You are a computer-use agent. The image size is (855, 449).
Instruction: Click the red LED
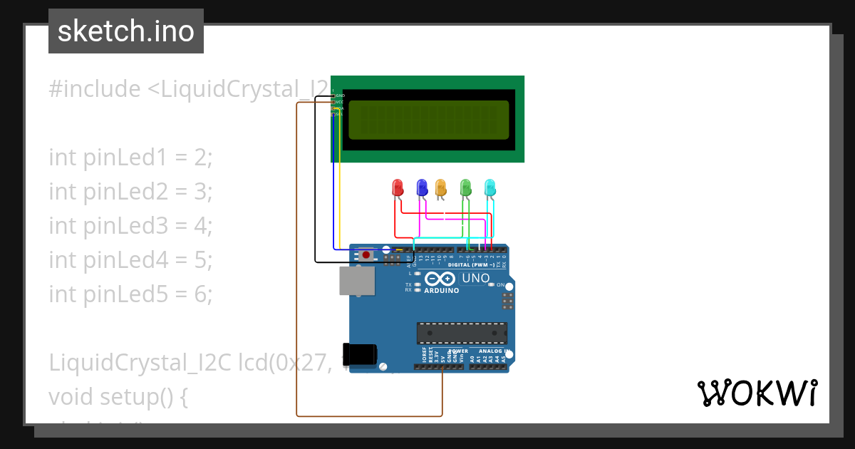(x=398, y=188)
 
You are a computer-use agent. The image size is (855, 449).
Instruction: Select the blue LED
(x=421, y=187)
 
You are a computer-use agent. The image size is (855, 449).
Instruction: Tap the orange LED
(x=440, y=187)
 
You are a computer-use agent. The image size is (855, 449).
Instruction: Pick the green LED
(x=466, y=187)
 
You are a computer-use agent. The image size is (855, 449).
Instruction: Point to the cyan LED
(x=490, y=187)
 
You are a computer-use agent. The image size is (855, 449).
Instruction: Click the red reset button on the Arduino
(x=366, y=254)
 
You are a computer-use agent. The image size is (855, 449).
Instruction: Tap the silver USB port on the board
(x=356, y=281)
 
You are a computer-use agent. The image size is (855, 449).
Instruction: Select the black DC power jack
(x=360, y=354)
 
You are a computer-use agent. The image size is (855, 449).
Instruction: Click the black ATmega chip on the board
(x=462, y=333)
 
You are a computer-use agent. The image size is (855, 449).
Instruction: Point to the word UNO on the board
(x=475, y=278)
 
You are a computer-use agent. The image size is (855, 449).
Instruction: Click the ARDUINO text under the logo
(x=442, y=291)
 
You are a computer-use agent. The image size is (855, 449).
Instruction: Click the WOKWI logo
(x=757, y=393)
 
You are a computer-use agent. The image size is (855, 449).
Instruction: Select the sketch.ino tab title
(x=126, y=31)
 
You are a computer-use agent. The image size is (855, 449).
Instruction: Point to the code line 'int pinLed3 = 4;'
(x=131, y=225)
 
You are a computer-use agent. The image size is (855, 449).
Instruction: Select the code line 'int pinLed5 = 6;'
(x=131, y=294)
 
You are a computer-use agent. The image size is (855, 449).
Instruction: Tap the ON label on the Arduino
(x=500, y=284)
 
